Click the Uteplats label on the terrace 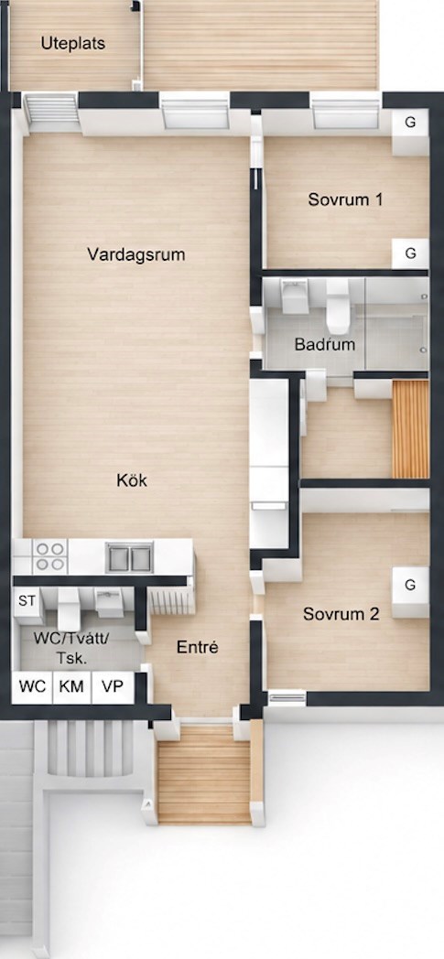coord(72,44)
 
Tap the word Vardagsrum coord(135,254)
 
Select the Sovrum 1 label coord(345,199)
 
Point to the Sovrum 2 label coord(341,614)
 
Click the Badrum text coord(325,344)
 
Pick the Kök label coord(132,480)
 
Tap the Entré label coord(198,647)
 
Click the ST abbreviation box coord(27,601)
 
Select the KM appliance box coord(71,687)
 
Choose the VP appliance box coord(113,687)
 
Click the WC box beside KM coord(32,687)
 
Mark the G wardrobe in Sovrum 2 coord(410,591)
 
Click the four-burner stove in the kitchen coord(49,556)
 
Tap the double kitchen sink coord(129,557)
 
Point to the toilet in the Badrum coord(338,306)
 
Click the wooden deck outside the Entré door coord(203,773)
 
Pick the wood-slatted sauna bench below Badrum coord(410,429)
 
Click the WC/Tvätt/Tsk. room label coord(71,648)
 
